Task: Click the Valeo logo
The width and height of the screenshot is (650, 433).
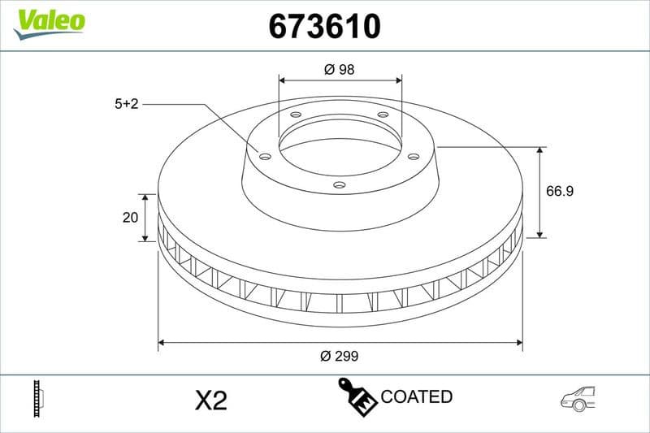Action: (49, 20)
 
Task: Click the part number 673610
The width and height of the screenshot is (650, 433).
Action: (324, 27)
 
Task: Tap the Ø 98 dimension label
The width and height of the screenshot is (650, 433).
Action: (340, 70)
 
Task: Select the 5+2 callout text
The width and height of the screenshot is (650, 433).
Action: (128, 104)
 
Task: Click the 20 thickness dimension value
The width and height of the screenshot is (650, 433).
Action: (128, 218)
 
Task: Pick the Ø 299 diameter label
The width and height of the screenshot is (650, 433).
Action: (340, 356)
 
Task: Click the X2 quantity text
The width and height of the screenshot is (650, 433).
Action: (211, 400)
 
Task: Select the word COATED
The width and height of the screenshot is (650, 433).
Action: (416, 397)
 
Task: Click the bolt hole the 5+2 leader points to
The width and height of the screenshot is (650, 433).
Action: (265, 156)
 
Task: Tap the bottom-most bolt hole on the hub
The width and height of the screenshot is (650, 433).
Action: (340, 185)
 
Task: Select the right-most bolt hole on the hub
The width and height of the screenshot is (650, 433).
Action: (413, 156)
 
